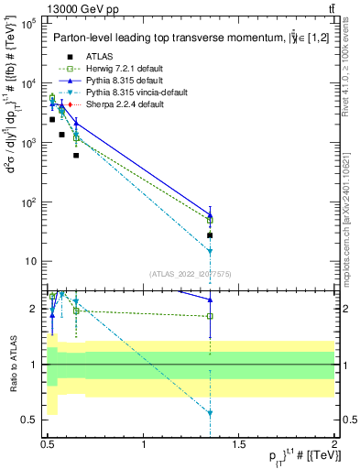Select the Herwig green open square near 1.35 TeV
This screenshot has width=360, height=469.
click(x=210, y=220)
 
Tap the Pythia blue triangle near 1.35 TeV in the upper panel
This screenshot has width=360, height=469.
click(x=210, y=215)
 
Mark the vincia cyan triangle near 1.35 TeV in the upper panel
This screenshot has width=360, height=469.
click(x=210, y=250)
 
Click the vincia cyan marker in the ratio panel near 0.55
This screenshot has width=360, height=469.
click(x=210, y=413)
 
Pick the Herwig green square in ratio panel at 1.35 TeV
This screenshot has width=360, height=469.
click(x=210, y=316)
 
